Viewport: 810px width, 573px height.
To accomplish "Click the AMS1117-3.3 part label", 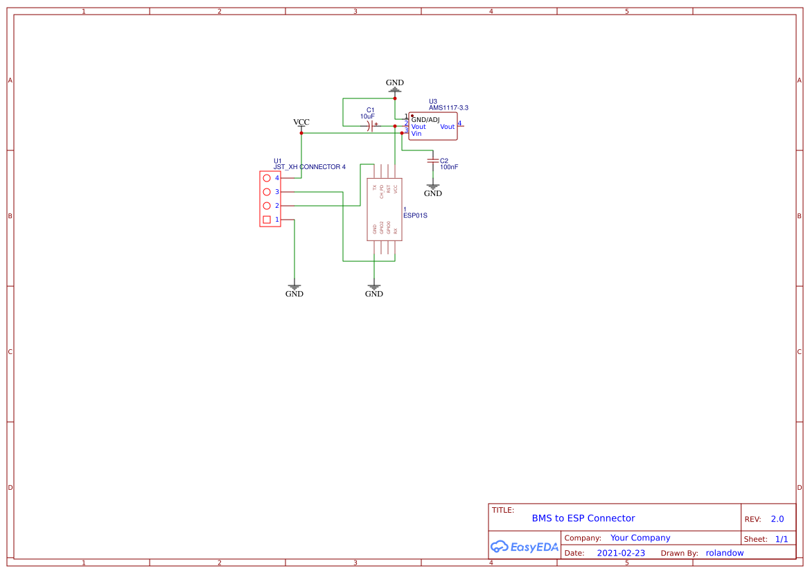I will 448,108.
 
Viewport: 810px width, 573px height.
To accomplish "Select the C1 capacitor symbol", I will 372,126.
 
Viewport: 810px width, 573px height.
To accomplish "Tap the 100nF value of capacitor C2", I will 449,167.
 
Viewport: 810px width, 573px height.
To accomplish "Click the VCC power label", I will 301,123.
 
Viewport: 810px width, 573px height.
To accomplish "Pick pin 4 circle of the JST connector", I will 267,178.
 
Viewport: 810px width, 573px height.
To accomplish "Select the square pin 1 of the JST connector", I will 267,220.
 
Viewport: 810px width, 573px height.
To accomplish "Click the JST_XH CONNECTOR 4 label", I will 310,167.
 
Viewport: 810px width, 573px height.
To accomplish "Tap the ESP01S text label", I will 415,215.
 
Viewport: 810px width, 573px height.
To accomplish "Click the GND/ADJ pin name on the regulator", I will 425,120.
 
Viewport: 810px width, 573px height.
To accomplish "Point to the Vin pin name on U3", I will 416,134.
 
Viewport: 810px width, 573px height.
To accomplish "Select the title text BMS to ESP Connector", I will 583,518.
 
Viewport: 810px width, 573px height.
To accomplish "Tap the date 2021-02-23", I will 621,553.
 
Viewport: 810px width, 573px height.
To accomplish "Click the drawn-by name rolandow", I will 725,553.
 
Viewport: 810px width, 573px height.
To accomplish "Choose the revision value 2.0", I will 777,519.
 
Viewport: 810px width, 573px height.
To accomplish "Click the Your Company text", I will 640,538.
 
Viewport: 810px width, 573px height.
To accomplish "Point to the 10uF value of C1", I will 367,116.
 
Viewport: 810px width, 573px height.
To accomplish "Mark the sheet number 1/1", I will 781,539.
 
